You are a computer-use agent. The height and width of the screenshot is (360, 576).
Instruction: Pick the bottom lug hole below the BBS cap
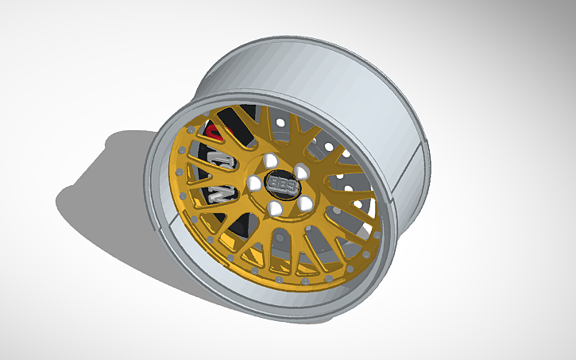(x=274, y=208)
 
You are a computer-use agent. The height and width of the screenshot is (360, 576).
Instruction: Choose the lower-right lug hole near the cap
(x=304, y=203)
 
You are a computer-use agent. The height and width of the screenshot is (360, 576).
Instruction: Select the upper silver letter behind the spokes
(x=222, y=162)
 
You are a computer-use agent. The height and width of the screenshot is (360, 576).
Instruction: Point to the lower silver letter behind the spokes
(x=219, y=193)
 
